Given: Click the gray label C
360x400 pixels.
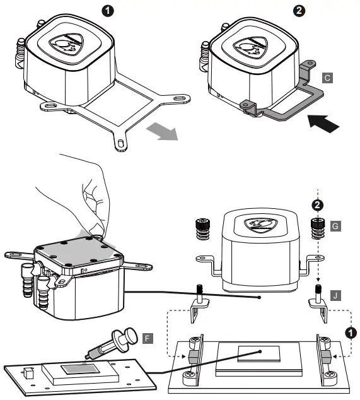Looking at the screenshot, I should pyautogui.click(x=326, y=78).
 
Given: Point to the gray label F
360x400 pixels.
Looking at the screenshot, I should pyautogui.click(x=147, y=339).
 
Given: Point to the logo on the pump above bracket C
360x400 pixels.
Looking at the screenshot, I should pyautogui.click(x=251, y=47).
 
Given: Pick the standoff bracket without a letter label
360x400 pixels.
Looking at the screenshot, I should pyautogui.click(x=199, y=305).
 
